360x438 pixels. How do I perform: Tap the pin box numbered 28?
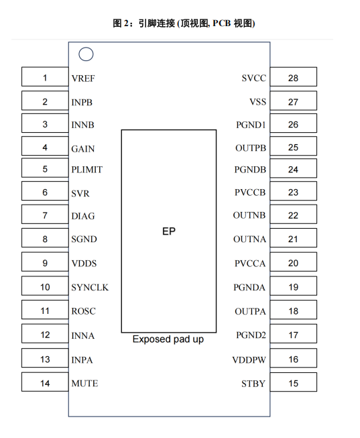[x=293, y=77]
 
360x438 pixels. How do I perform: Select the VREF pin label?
[x=83, y=78]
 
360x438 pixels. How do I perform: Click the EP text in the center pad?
[x=169, y=231]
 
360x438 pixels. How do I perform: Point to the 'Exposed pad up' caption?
[x=168, y=339]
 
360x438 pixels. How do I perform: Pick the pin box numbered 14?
[x=45, y=382]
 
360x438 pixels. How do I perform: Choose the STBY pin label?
[x=253, y=384]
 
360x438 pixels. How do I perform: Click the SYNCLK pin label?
[x=90, y=288]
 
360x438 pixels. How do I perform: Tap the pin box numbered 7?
[x=45, y=214]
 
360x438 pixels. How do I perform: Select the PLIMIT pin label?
[x=87, y=170]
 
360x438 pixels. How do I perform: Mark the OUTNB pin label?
[x=249, y=215]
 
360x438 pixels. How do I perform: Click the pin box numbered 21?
[x=293, y=238]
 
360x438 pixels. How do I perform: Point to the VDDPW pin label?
[x=249, y=360]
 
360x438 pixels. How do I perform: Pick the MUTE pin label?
[x=84, y=383]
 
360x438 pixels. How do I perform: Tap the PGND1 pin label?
[x=251, y=125]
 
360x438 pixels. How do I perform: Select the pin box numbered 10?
[x=45, y=286]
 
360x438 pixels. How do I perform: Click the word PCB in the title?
[x=222, y=23]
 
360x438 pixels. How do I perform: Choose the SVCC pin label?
[x=254, y=78]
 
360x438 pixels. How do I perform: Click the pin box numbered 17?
[x=293, y=334]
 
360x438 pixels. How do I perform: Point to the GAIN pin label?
[x=83, y=149]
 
